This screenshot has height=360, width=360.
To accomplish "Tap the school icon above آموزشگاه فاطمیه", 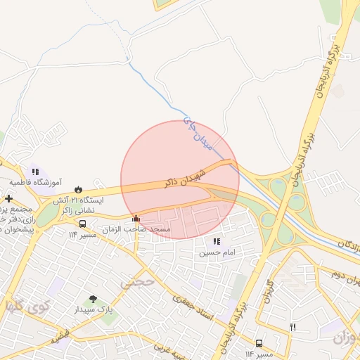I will coord(35,171).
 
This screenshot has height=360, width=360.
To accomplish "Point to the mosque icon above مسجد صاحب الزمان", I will coord(136,218).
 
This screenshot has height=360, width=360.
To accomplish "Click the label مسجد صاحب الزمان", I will coord(137,229).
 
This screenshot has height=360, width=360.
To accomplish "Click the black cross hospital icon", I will coord(8,199).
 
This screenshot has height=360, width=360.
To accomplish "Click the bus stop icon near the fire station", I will coord(83,224).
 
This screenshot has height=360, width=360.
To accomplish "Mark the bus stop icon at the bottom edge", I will coord(259,344).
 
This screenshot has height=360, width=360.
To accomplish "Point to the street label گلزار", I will coord(268,291).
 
